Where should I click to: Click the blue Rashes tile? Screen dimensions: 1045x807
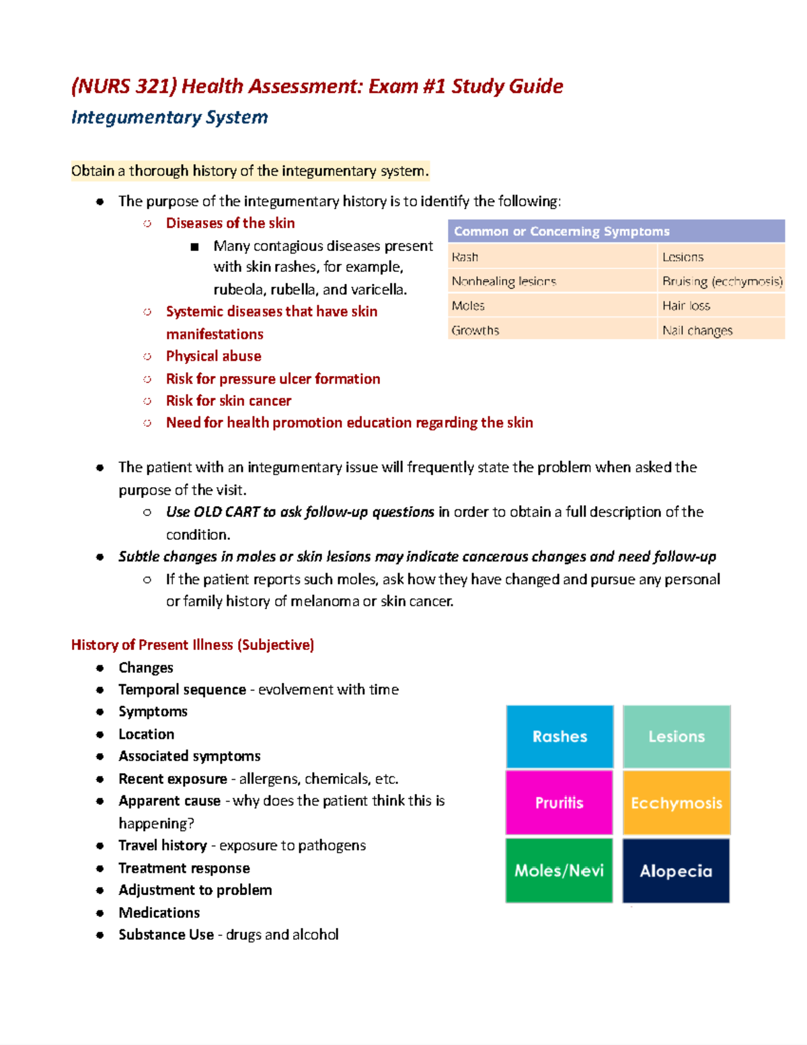point(560,736)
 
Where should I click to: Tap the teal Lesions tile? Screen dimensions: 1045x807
point(677,736)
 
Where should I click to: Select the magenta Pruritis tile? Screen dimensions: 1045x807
point(559,802)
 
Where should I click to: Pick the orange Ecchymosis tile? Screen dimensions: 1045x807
point(677,802)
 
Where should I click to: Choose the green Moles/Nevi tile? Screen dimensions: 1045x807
point(559,870)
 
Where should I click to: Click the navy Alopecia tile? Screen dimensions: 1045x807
point(676,870)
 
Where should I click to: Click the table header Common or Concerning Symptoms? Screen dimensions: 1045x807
point(562,231)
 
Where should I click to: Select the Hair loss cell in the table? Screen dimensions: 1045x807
point(686,305)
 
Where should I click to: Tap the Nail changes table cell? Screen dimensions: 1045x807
point(697,330)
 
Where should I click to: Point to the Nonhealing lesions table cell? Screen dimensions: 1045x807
point(504,281)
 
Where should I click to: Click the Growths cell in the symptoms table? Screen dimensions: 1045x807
point(475,330)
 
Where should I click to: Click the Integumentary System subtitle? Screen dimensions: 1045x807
point(169,117)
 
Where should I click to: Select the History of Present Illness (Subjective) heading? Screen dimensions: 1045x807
point(192,645)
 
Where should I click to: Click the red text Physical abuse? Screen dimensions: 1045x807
point(213,356)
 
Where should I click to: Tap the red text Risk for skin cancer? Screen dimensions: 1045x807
point(228,400)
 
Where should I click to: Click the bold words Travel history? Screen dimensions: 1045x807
point(162,845)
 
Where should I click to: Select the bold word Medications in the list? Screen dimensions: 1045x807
point(159,912)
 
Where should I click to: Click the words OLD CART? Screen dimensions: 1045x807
point(227,512)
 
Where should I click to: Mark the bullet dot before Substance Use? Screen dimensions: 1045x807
point(100,935)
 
